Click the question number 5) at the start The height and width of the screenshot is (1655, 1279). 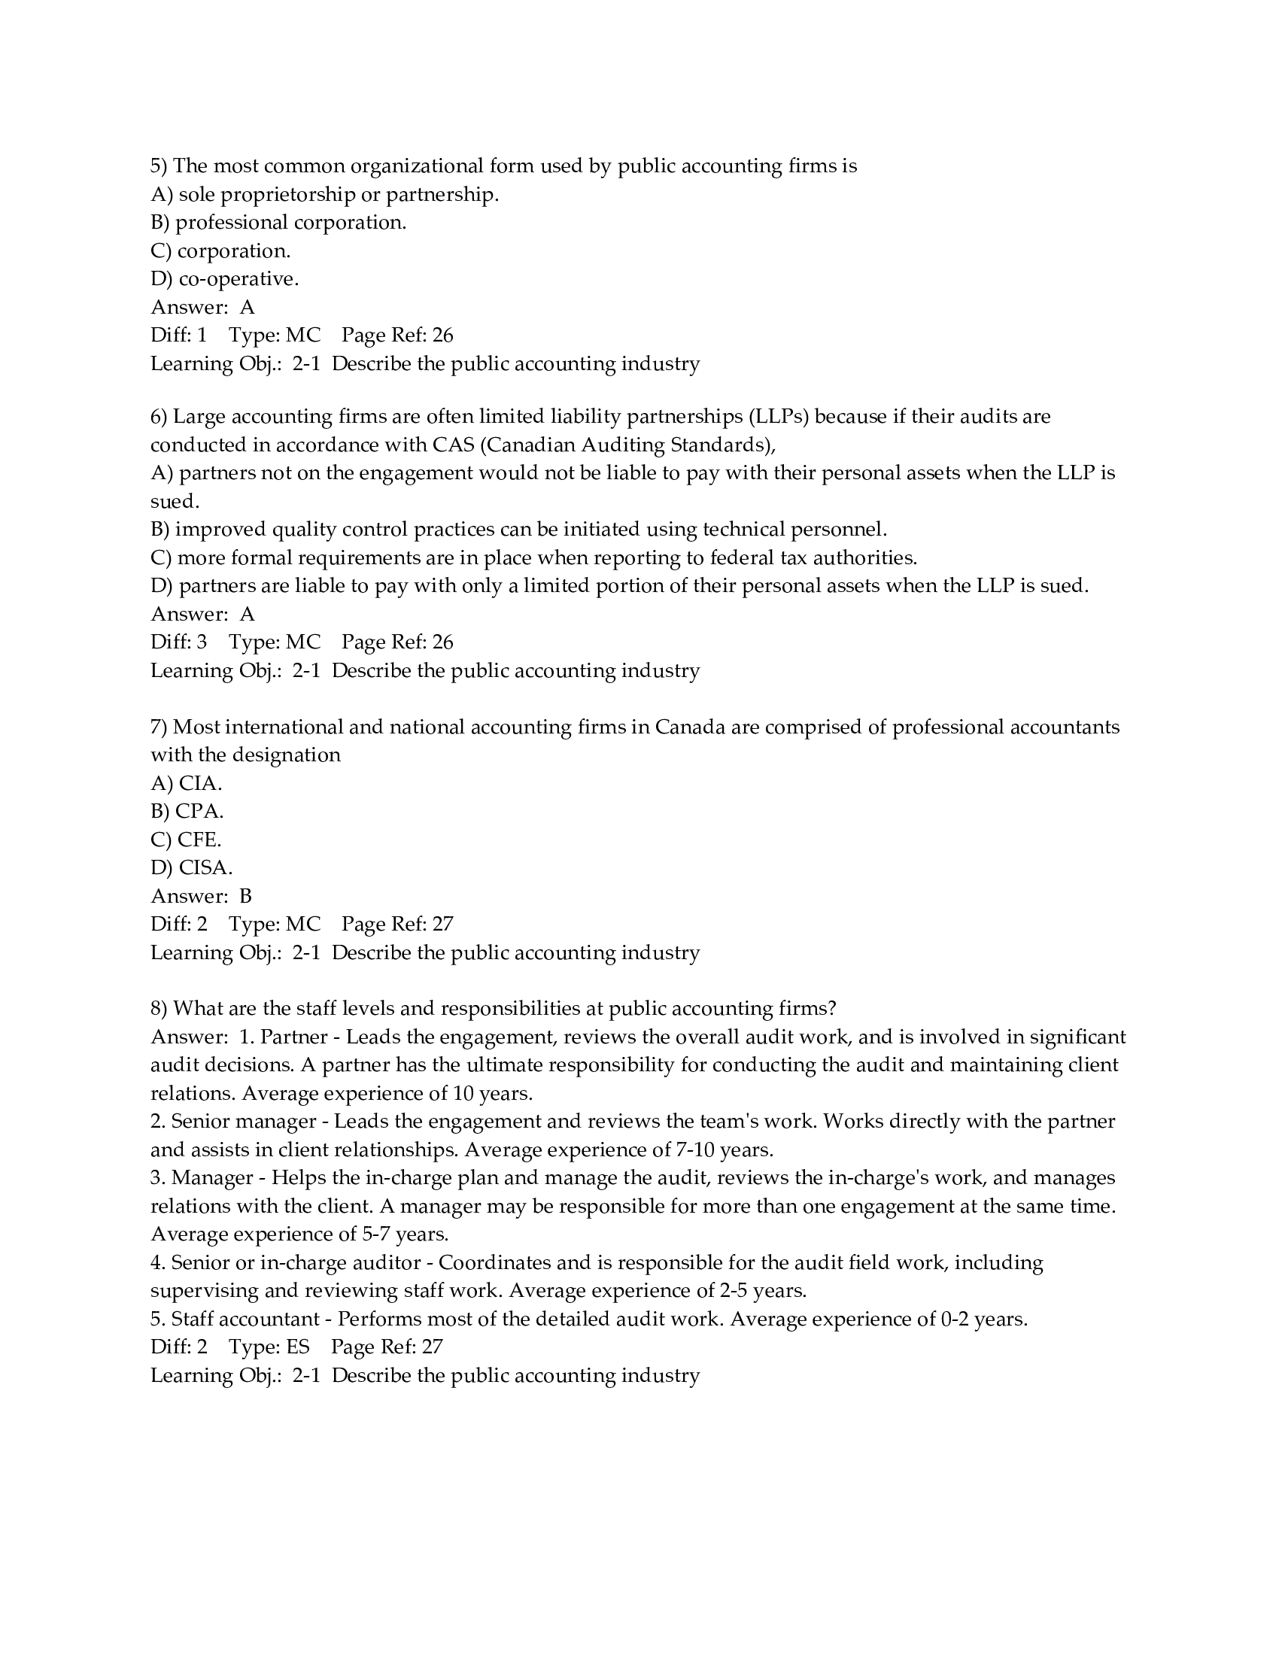pyautogui.click(x=159, y=166)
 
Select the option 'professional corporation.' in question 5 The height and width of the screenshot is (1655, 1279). pyautogui.click(x=291, y=223)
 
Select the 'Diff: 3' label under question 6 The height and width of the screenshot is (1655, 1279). pyautogui.click(x=179, y=642)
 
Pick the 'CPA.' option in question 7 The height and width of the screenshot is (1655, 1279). pyautogui.click(x=199, y=812)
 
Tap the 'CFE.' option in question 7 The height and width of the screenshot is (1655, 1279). pyautogui.click(x=199, y=840)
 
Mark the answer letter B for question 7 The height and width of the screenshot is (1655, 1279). pyautogui.click(x=245, y=897)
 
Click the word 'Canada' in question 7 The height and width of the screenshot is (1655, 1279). pyautogui.click(x=690, y=727)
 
